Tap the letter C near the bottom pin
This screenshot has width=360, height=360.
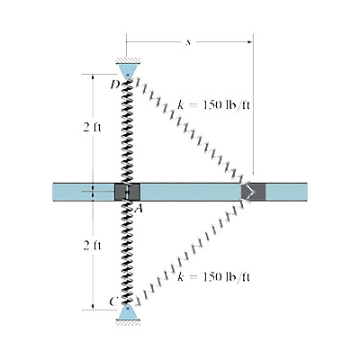click(114, 301)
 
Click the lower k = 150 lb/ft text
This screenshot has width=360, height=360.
click(213, 274)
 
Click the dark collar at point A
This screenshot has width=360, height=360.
click(126, 192)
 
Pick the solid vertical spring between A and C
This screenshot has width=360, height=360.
click(127, 252)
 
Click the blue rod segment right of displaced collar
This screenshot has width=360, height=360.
click(287, 192)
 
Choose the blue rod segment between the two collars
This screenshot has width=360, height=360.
click(189, 192)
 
